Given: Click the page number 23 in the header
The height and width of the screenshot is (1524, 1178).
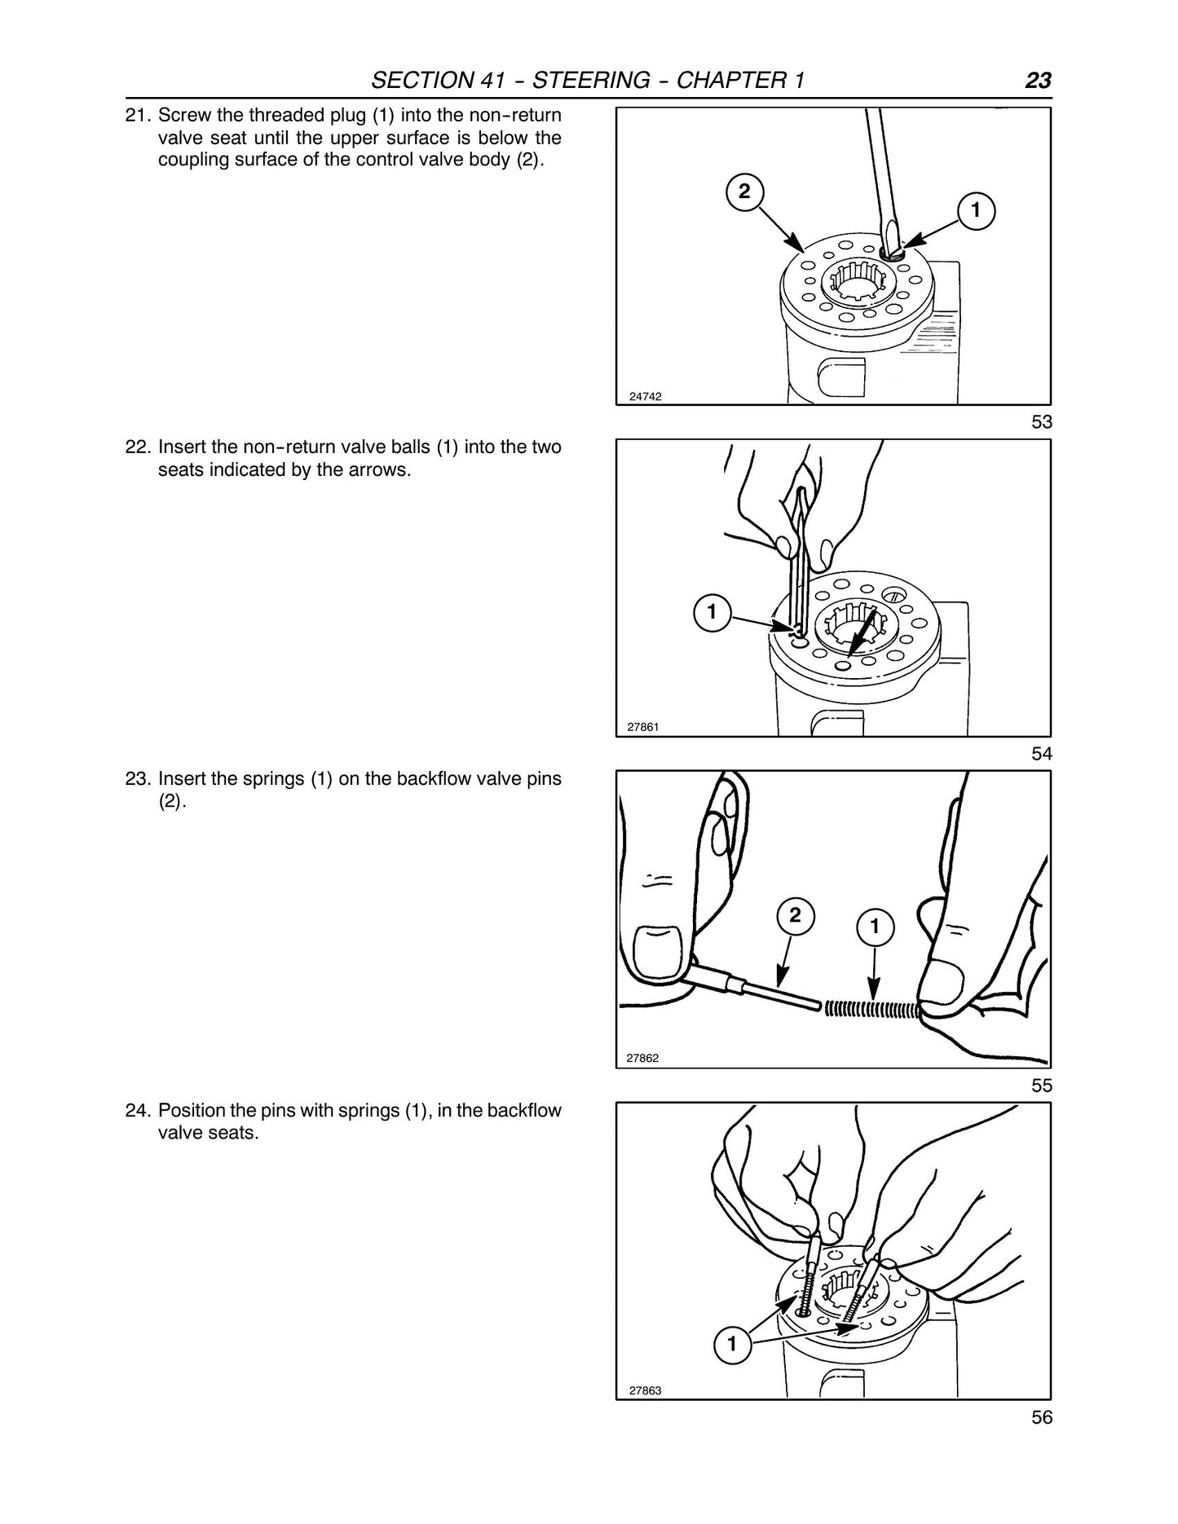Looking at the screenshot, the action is point(1039,80).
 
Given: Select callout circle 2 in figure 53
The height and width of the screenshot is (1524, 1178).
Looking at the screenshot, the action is point(744,192).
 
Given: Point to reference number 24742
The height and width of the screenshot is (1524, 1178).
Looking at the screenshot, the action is point(646,397).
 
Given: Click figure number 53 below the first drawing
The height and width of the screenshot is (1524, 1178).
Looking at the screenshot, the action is point(1042,422).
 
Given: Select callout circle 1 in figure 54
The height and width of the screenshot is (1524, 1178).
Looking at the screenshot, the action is point(712,611).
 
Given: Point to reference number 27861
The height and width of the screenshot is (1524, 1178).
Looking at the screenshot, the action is point(643,728).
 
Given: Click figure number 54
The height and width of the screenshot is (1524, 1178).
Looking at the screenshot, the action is point(1042,754).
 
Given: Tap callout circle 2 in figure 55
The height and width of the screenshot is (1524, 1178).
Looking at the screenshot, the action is point(795,916).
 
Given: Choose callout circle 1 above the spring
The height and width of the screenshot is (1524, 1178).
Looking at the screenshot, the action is point(875,927).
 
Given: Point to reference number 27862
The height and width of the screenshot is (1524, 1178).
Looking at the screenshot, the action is point(643,1059).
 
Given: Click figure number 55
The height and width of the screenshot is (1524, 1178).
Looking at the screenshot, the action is point(1042,1086).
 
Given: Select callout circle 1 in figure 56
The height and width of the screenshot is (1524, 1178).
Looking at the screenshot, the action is point(731,1344).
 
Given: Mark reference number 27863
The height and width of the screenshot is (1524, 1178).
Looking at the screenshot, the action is point(645,1391).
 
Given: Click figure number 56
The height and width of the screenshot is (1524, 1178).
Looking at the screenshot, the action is point(1042,1417).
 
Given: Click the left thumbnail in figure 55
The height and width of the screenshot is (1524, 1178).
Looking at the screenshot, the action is point(656,949).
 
